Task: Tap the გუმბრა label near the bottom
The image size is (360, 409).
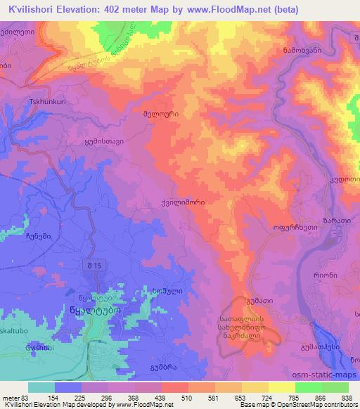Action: (163, 367)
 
